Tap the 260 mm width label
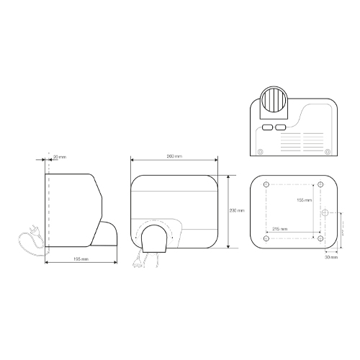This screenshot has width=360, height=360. tap(174, 156)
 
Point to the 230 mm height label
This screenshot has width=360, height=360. tap(236, 211)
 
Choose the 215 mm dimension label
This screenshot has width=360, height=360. tap(281, 229)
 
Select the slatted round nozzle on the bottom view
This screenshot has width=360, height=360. tap(274, 97)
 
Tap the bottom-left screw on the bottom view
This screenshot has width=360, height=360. tap(260, 151)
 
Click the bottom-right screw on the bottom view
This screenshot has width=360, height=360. tap(328, 151)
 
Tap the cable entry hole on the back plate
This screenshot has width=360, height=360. tap(325, 214)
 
